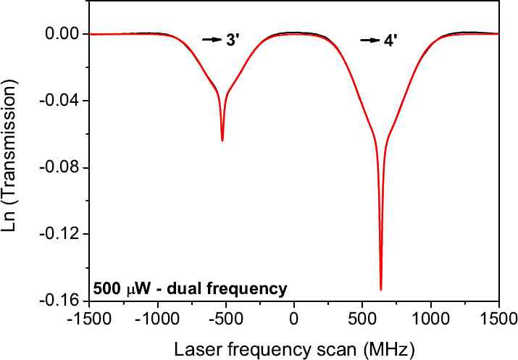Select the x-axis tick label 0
pyautogui.click(x=294, y=317)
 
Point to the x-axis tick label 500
pyautogui.click(x=362, y=317)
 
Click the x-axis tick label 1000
pyautogui.click(x=430, y=317)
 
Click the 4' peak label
pyautogui.click(x=391, y=41)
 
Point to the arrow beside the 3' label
pyautogui.click(x=212, y=41)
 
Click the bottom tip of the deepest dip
pyautogui.click(x=381, y=289)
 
